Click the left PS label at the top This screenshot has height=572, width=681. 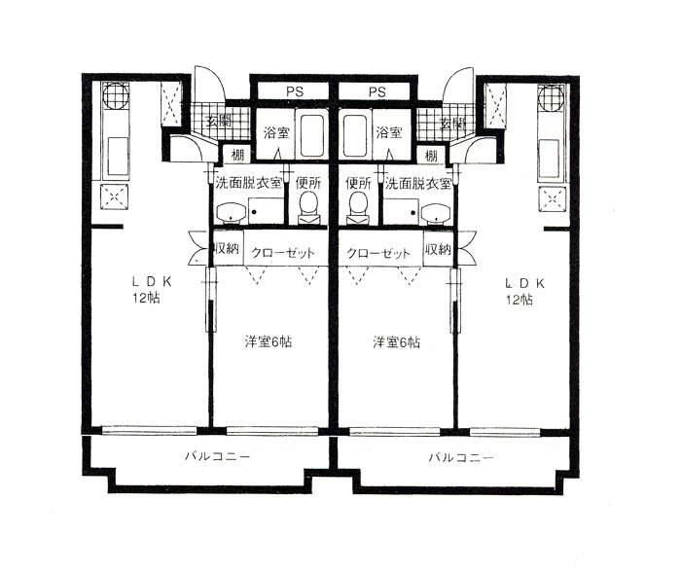click(x=292, y=92)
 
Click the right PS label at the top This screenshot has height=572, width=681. click(x=377, y=92)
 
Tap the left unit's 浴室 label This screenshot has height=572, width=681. click(x=273, y=131)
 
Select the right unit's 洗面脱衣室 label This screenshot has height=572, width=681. click(x=417, y=182)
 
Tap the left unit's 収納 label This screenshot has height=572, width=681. click(x=227, y=250)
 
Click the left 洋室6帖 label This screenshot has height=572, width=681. click(x=268, y=342)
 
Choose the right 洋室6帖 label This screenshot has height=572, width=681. click(x=397, y=342)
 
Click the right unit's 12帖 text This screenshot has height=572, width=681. click(x=518, y=300)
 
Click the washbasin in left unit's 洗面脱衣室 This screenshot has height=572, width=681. click(x=231, y=212)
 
